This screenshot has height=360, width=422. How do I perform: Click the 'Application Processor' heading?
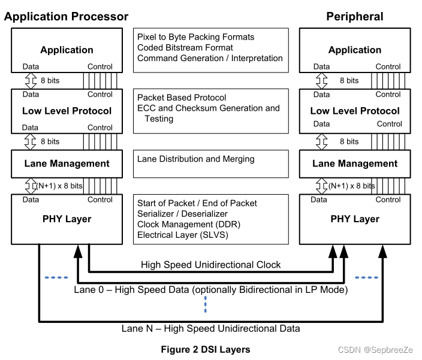click(66, 16)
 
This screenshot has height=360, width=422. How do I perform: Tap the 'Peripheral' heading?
click(354, 16)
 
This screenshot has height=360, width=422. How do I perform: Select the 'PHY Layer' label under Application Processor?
click(67, 219)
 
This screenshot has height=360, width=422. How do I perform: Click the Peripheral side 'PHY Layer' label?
click(355, 219)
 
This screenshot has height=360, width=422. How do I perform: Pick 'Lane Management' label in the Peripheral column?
click(355, 164)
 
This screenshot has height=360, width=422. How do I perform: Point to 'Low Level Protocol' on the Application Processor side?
click(67, 111)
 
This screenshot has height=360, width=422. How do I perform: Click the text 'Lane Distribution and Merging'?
click(196, 159)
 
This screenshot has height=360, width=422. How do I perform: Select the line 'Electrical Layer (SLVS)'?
click(183, 235)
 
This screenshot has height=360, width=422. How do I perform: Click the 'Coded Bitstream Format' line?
click(185, 48)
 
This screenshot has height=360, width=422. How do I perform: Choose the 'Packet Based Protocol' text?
click(182, 98)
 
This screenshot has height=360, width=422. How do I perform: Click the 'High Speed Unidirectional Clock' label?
click(211, 264)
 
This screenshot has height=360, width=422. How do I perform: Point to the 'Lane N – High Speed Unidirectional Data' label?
click(211, 328)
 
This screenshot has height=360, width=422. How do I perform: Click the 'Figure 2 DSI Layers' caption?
click(206, 349)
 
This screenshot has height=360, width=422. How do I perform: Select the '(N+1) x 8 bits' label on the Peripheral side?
click(351, 186)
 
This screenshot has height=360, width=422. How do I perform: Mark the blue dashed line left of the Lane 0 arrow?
click(56, 277)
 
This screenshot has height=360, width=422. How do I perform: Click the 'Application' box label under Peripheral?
click(355, 50)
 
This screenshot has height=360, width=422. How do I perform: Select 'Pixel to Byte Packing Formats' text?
click(196, 37)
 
